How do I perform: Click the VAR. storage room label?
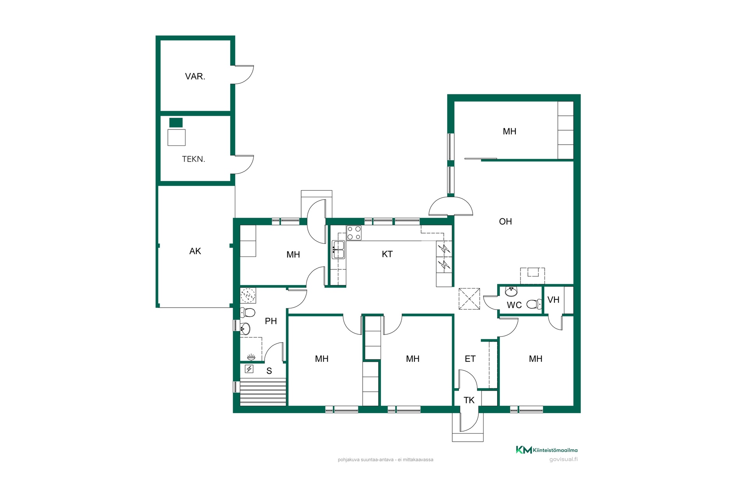pyautogui.click(x=195, y=76)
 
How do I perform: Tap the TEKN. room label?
pyautogui.click(x=194, y=159)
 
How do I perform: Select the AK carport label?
pyautogui.click(x=195, y=251)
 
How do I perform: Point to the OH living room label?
pyautogui.click(x=505, y=221)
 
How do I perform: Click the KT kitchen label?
pyautogui.click(x=387, y=254)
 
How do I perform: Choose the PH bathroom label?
pyautogui.click(x=271, y=321)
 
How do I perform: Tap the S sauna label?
pyautogui.click(x=269, y=371)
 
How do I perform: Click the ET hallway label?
pyautogui.click(x=470, y=359)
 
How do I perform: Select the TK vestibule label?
pyautogui.click(x=469, y=400)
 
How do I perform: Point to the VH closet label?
pyautogui.click(x=553, y=300)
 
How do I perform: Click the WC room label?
pyautogui.click(x=514, y=305)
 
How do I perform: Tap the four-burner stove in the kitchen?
pyautogui.click(x=354, y=233)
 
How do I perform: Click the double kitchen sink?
pyautogui.click(x=338, y=250)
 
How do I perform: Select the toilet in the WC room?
pyautogui.click(x=534, y=304)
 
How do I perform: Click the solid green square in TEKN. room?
pyautogui.click(x=176, y=122)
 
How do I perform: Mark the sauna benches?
pyautogui.click(x=263, y=392)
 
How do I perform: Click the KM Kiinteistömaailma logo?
pyautogui.click(x=547, y=450)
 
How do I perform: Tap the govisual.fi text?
pyautogui.click(x=563, y=459)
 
